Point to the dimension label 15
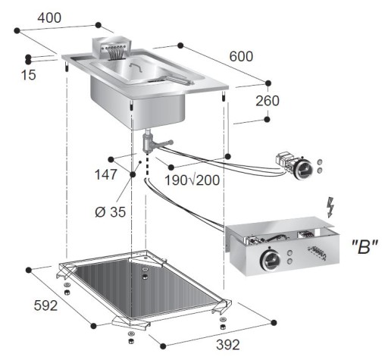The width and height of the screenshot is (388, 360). [x=28, y=74]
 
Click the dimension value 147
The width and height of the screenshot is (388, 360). [x=107, y=174]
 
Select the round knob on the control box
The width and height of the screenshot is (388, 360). [x=267, y=257]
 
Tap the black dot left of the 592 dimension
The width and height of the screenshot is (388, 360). [x=29, y=269]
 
